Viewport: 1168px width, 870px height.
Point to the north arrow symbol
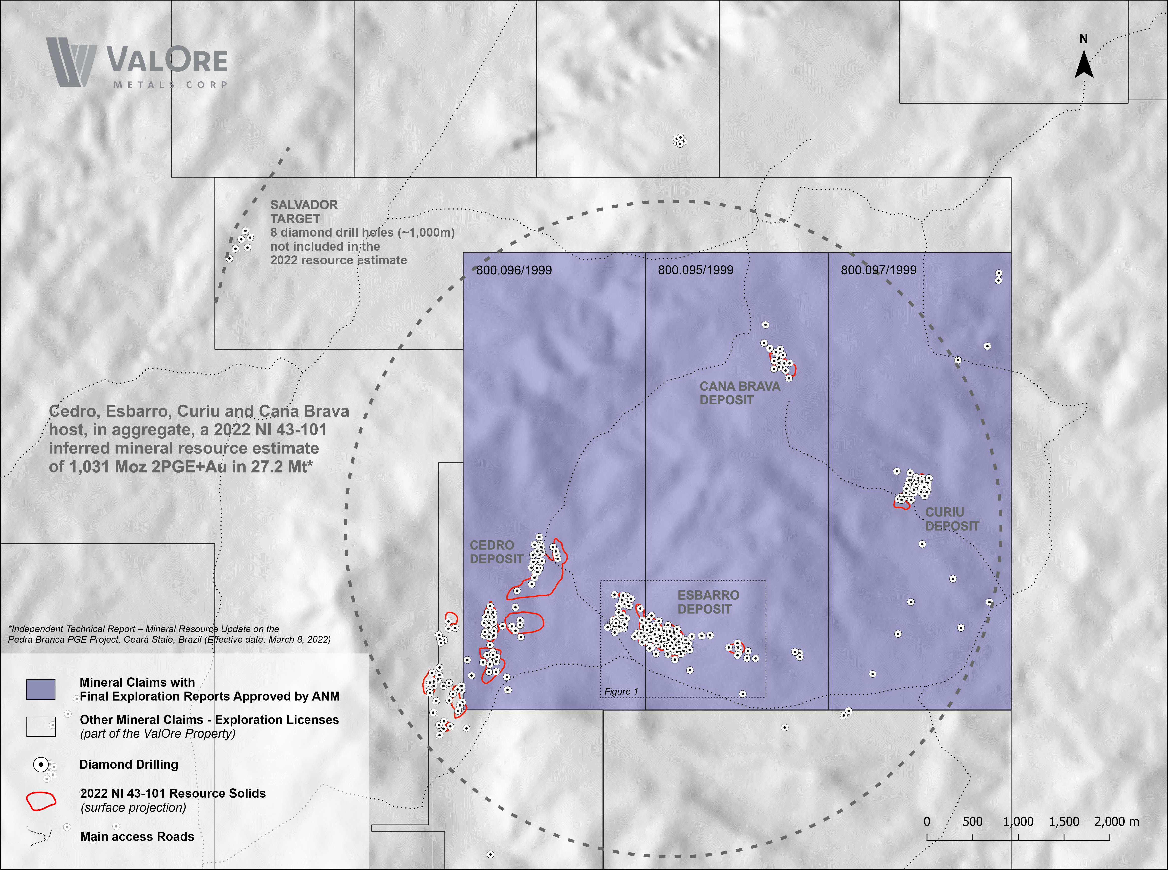coord(1084,64)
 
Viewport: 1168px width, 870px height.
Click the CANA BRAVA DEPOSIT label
coord(739,393)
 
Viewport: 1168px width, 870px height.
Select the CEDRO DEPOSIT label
coord(496,552)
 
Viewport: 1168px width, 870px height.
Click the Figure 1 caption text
coord(621,692)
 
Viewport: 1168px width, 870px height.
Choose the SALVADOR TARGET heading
coord(304,212)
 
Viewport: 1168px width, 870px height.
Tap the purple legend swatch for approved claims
coord(41,689)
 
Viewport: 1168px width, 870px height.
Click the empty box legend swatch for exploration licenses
coord(41,727)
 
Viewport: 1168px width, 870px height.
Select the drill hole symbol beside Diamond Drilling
coord(41,764)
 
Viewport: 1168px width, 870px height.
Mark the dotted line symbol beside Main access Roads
coord(39,836)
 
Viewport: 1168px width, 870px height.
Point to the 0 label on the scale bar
coord(927,821)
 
